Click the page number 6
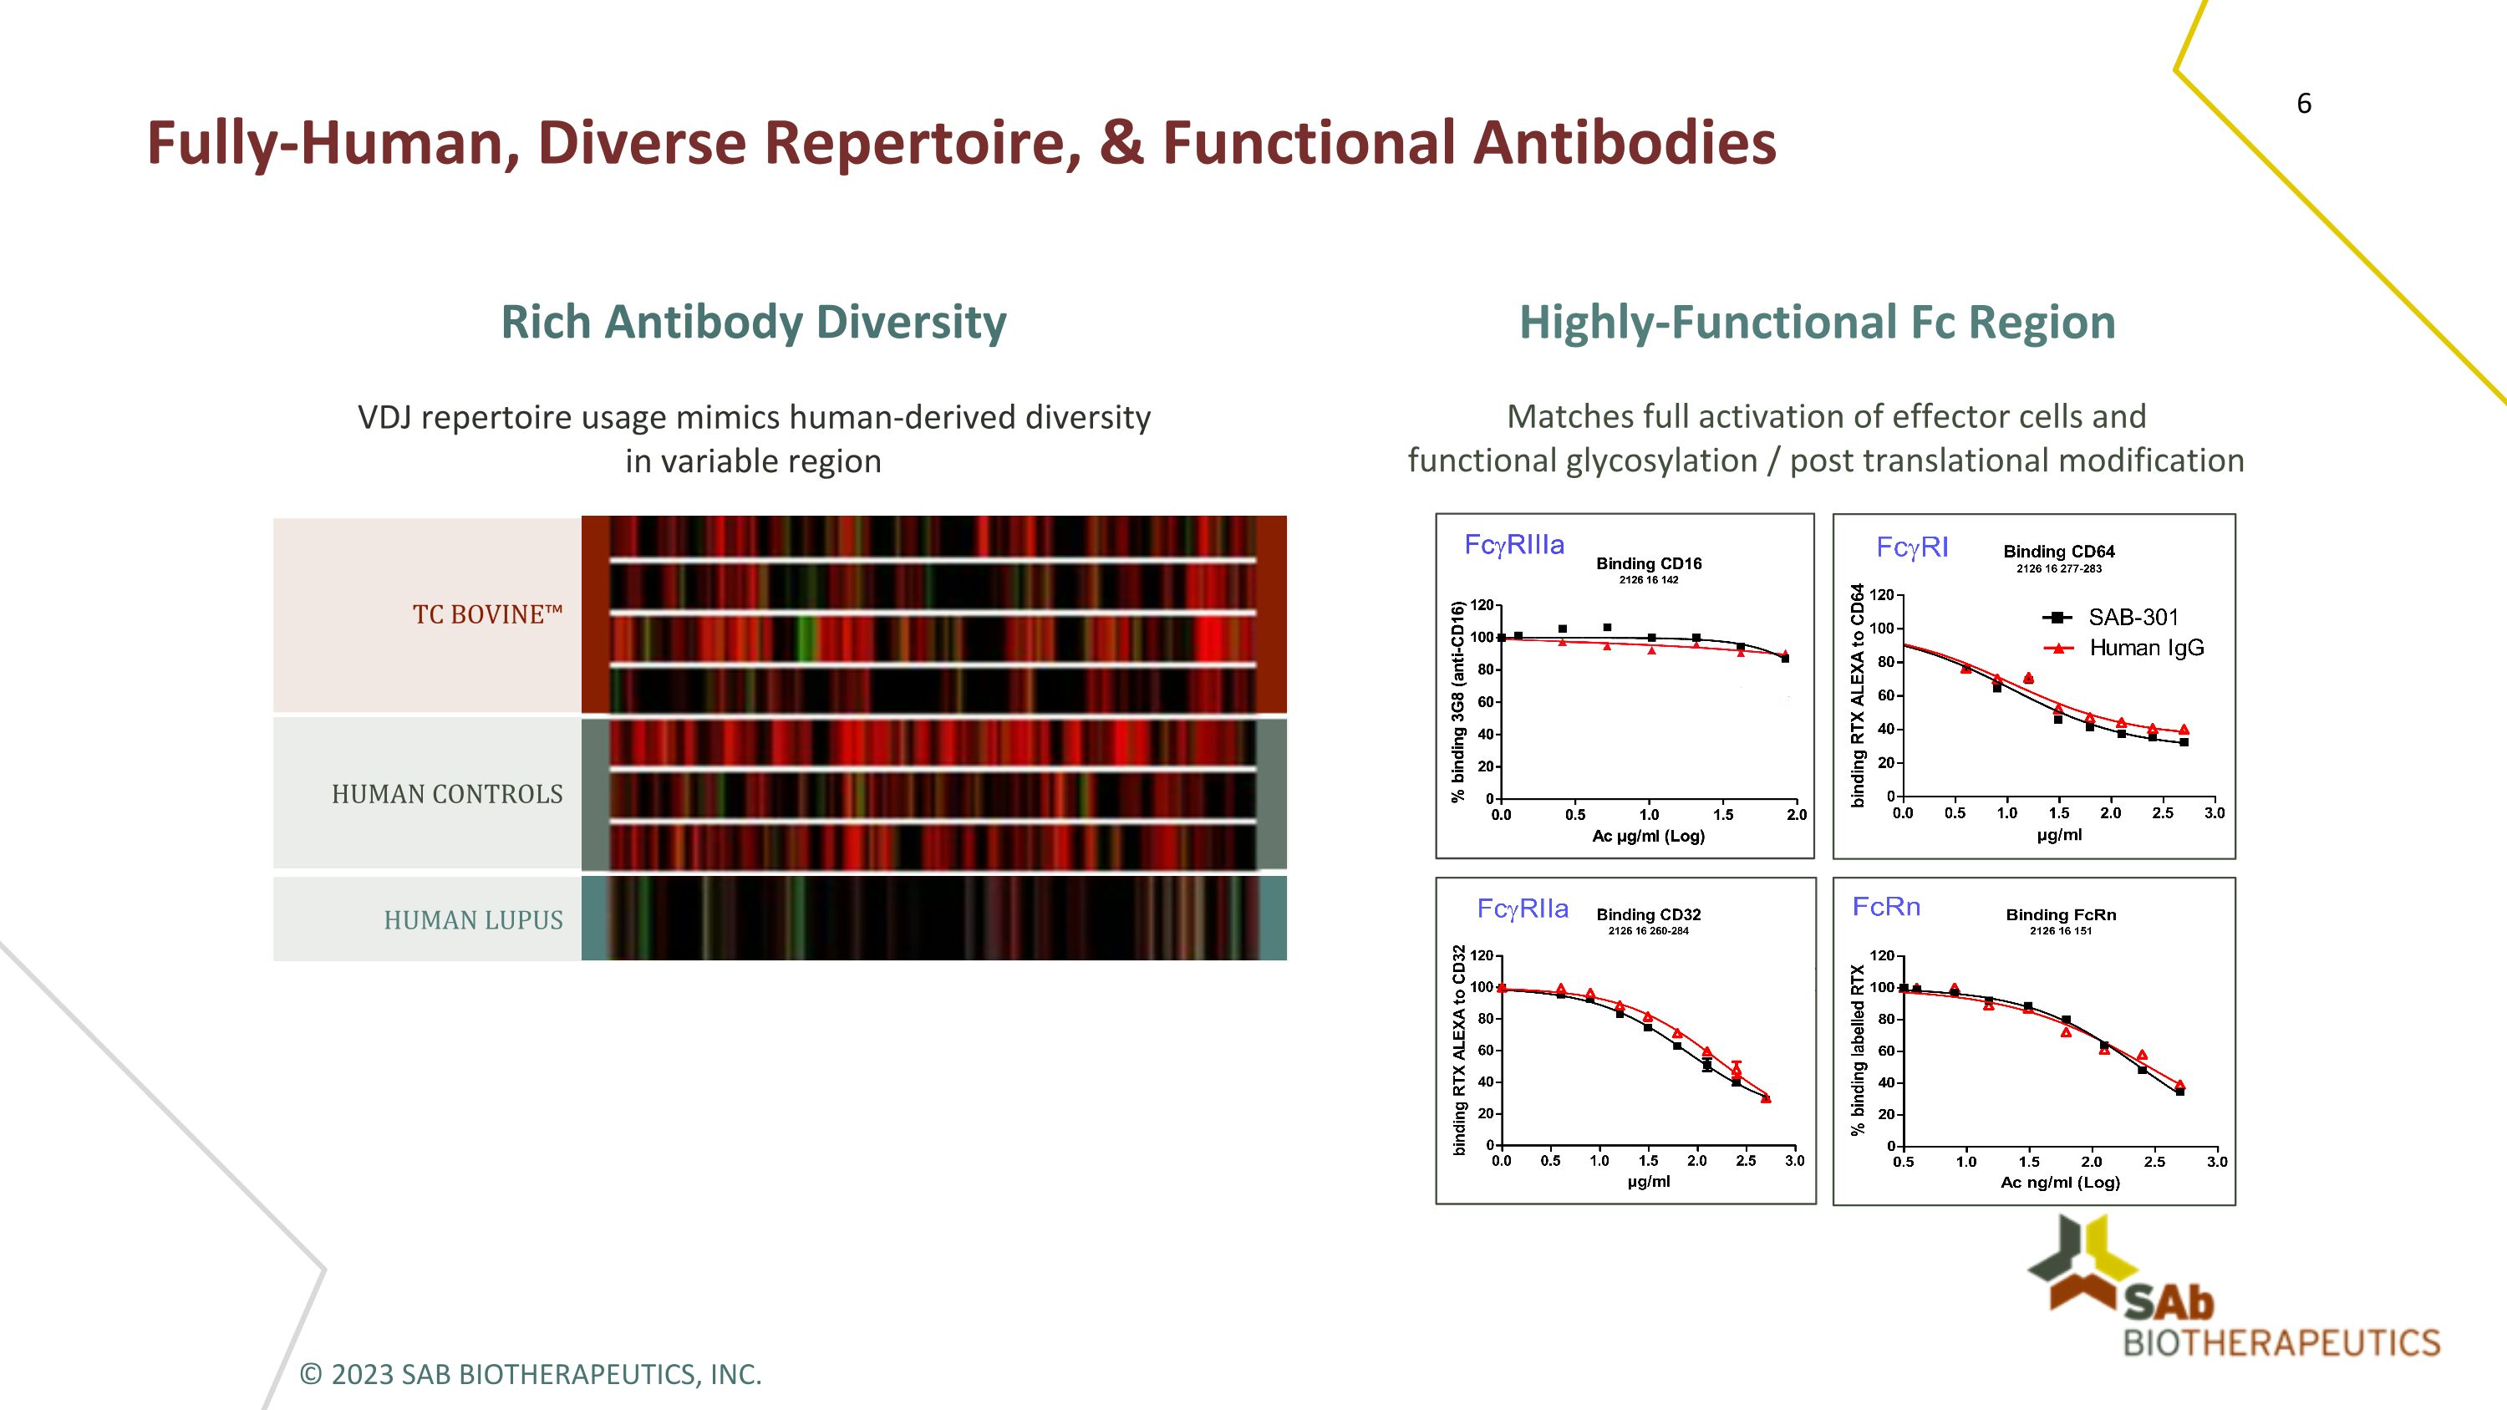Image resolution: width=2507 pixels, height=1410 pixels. tap(2304, 103)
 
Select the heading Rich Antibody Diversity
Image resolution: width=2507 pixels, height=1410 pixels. tap(753, 322)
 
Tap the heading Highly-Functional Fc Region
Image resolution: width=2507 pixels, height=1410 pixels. tap(1817, 322)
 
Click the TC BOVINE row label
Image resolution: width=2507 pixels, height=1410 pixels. tap(487, 615)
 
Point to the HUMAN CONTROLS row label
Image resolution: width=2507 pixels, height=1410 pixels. tap(447, 794)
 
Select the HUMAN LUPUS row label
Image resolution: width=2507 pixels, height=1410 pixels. tap(473, 919)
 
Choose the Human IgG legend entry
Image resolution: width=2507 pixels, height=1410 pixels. tap(2146, 648)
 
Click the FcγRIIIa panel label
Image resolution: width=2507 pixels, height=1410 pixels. tap(1514, 545)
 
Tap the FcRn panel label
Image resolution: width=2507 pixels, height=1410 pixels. tap(1885, 907)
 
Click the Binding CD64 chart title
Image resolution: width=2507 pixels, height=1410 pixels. tap(2058, 552)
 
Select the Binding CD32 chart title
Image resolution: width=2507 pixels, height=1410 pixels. tap(1649, 914)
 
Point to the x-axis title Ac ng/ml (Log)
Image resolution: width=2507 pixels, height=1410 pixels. tap(2059, 1183)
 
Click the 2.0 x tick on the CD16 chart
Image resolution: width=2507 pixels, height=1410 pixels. tap(1796, 814)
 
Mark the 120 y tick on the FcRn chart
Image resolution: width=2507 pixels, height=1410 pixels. tap(1882, 955)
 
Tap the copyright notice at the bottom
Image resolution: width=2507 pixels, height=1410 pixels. tap(531, 1374)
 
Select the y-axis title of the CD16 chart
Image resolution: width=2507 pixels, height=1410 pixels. tap(1457, 700)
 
